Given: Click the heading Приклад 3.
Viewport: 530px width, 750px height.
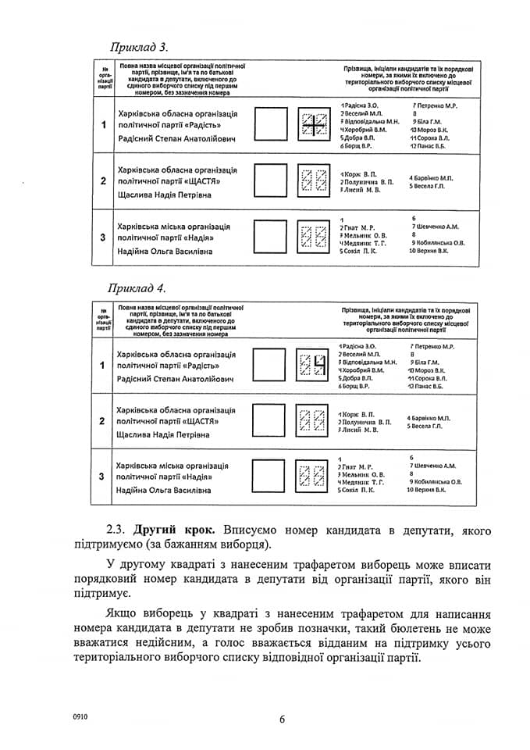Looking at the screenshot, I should [x=139, y=46].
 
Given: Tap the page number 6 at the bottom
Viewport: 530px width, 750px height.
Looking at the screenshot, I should [x=283, y=720].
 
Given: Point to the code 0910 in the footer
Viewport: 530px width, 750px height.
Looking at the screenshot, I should [x=80, y=716].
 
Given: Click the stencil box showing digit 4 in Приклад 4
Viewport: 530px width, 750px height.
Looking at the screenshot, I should [x=311, y=365].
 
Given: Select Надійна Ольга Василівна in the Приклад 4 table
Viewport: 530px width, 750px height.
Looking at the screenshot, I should [x=163, y=490].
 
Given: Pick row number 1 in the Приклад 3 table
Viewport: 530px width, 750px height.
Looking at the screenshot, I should [x=103, y=125].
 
